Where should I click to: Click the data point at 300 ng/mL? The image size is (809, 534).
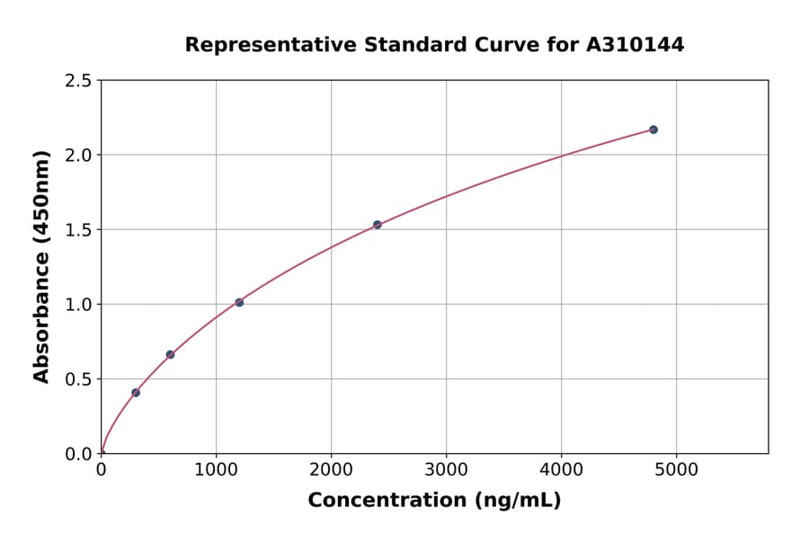(136, 393)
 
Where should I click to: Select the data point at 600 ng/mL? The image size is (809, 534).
(170, 354)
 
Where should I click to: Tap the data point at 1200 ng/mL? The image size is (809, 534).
(239, 302)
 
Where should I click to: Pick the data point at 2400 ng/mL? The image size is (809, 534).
(378, 225)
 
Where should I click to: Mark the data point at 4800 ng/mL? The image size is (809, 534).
(653, 129)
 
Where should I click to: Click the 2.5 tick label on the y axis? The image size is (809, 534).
(78, 81)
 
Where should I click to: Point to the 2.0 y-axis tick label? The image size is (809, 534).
(78, 156)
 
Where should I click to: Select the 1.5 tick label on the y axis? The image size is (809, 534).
(78, 230)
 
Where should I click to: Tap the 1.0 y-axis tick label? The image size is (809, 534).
(78, 305)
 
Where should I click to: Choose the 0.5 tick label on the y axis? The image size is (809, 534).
(78, 379)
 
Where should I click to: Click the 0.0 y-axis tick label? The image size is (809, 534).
(78, 454)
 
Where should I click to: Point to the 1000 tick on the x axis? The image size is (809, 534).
(216, 469)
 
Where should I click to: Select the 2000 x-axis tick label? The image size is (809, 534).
(331, 469)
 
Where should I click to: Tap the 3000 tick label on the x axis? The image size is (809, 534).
(446, 469)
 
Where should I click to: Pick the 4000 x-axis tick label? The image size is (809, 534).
(562, 469)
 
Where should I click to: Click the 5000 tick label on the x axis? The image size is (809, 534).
(677, 469)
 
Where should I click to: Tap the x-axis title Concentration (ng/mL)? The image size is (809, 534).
(434, 501)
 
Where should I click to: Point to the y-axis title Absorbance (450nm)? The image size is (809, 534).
(41, 266)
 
